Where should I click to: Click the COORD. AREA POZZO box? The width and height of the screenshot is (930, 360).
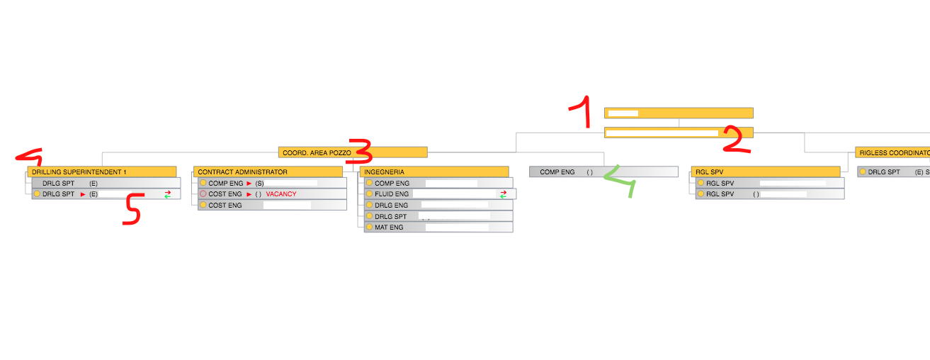pyautogui.click(x=353, y=152)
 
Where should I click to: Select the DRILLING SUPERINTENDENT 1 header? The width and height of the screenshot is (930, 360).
pyautogui.click(x=102, y=171)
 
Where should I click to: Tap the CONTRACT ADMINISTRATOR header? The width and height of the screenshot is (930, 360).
pyautogui.click(x=268, y=171)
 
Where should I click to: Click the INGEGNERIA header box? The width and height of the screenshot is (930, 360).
pyautogui.click(x=434, y=171)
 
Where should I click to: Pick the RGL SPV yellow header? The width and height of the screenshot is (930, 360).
pyautogui.click(x=766, y=171)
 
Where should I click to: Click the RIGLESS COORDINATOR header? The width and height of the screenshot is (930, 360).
pyautogui.click(x=892, y=152)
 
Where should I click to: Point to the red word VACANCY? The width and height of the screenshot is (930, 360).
pyautogui.click(x=281, y=194)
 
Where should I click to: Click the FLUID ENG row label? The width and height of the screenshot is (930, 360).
pyautogui.click(x=392, y=194)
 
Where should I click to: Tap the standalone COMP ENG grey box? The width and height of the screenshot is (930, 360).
pyautogui.click(x=603, y=171)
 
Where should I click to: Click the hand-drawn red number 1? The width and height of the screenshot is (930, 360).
pyautogui.click(x=580, y=112)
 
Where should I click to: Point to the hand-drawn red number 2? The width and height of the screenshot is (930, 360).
pyautogui.click(x=737, y=140)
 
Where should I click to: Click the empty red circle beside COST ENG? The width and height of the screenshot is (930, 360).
pyautogui.click(x=203, y=194)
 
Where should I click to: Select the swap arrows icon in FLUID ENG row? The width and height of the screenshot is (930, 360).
pyautogui.click(x=503, y=194)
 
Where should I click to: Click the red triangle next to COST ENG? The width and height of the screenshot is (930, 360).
pyautogui.click(x=249, y=194)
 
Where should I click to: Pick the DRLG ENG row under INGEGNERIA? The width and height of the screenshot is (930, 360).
pyautogui.click(x=438, y=205)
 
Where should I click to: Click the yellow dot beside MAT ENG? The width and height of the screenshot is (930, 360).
pyautogui.click(x=369, y=227)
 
